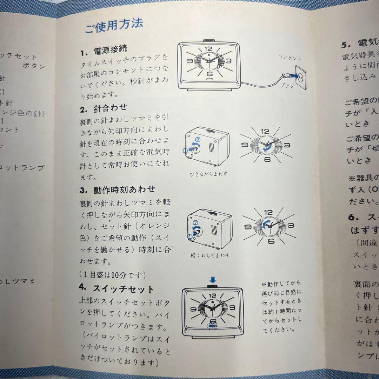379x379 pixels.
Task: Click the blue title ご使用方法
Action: pos(113,26)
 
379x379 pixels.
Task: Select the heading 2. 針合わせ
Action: pos(104,109)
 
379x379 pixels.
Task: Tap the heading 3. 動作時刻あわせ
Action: pos(118,189)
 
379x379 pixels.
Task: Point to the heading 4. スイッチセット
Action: pos(117,289)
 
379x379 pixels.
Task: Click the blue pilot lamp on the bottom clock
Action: pos(211,326)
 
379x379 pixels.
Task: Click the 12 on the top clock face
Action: pos(208,49)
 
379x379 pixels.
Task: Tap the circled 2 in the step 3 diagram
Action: pos(196,222)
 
